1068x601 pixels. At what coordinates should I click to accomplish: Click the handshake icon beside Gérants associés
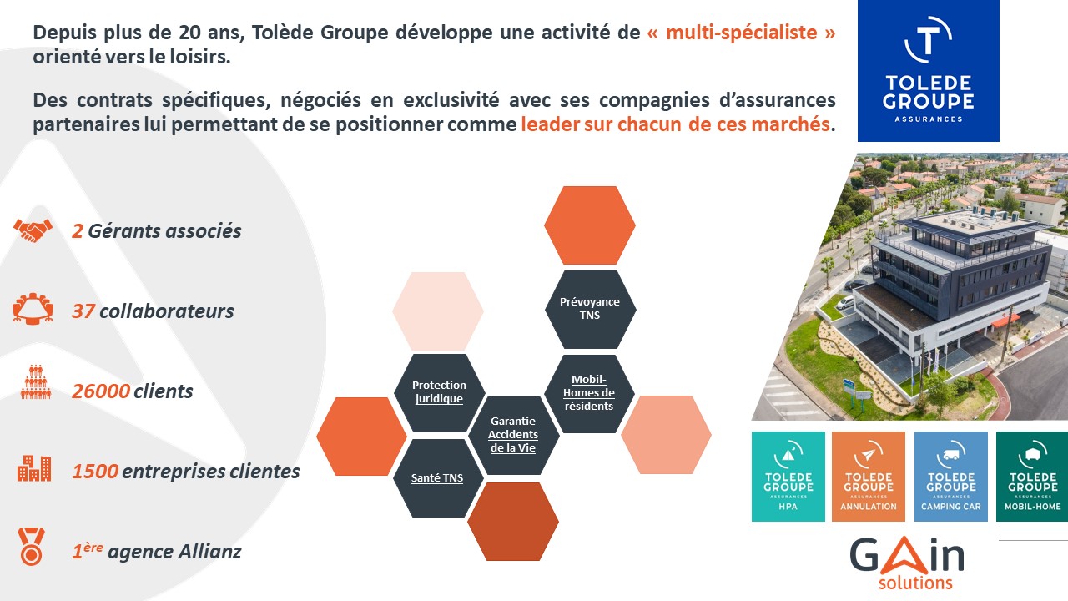click(33, 230)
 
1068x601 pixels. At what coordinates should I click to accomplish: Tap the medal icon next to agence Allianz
click(32, 547)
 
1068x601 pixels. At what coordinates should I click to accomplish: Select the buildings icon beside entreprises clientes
click(34, 468)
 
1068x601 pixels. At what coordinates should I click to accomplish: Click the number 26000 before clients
click(101, 391)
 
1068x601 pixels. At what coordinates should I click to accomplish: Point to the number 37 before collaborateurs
click(83, 311)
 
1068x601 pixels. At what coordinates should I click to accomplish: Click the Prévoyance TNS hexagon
click(590, 309)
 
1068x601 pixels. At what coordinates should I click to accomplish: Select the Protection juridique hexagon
click(439, 392)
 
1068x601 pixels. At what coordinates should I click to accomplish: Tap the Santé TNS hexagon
click(438, 478)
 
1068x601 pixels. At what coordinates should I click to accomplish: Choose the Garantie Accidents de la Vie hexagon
click(513, 435)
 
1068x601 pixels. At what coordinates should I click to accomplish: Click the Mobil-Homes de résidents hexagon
click(589, 393)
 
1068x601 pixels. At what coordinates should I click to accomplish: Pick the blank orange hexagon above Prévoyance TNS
click(590, 225)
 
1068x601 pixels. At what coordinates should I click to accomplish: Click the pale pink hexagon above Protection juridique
click(438, 311)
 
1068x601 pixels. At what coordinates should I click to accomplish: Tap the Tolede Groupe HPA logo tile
click(788, 477)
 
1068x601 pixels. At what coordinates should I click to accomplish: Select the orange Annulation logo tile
click(869, 477)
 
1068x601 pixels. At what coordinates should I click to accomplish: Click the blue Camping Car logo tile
click(950, 477)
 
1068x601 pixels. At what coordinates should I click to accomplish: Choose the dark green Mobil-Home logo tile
click(1032, 477)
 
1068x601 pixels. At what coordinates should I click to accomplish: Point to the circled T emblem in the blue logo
click(928, 40)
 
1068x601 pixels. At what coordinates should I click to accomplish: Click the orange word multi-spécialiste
click(742, 33)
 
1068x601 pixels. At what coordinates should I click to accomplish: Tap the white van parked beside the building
click(845, 302)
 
